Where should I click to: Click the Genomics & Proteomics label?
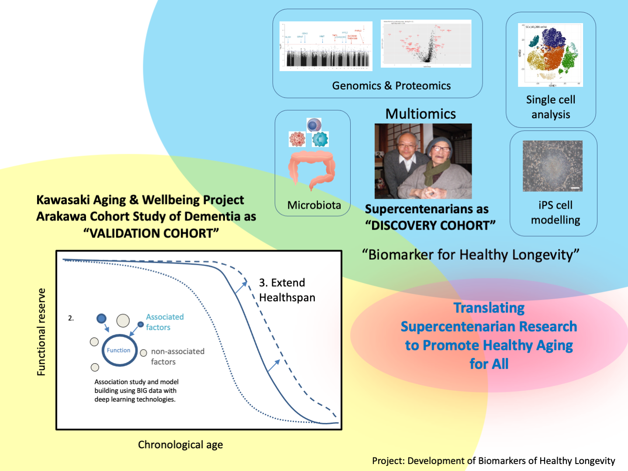coord(391,86)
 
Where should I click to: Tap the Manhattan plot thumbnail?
coord(326,46)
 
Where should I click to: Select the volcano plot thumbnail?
coord(426,44)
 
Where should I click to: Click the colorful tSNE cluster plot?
coord(550,55)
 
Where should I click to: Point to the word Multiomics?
coord(421,114)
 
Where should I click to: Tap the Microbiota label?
coord(314,205)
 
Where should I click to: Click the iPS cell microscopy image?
coord(552,166)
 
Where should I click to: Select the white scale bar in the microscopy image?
coord(575,188)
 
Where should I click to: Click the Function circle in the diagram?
coord(119,350)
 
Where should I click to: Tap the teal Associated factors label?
coord(165,322)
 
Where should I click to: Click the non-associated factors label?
coord(177,357)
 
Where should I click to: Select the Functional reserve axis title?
coord(41,332)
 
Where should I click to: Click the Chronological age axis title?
coord(180,445)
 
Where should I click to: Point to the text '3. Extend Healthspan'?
coord(287,290)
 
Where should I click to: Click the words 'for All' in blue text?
coord(489,364)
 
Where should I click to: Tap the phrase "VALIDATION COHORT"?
coord(151,233)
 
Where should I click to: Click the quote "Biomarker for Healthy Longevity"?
coord(470,254)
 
